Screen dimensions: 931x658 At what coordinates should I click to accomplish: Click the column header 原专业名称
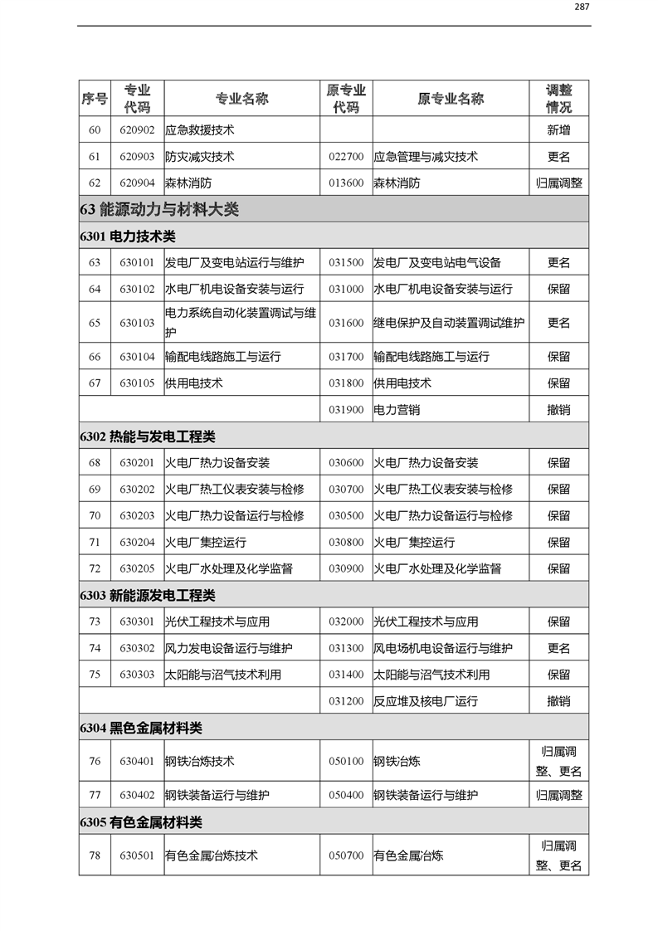coord(450,99)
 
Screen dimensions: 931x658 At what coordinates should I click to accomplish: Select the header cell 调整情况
coord(558,99)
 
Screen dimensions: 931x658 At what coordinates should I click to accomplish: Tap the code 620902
coord(137,130)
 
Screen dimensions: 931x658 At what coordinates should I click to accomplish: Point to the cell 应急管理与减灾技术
coord(426,157)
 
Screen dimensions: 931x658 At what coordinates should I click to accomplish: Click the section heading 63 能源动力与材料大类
coord(159,209)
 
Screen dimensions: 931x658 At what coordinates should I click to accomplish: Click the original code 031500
coord(346,263)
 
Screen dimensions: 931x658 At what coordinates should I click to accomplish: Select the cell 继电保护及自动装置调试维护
coord(449,323)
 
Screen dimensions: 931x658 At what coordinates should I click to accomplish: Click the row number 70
coord(95,516)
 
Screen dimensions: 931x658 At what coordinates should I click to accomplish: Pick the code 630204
coord(137,543)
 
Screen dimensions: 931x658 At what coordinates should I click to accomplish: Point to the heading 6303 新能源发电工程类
coord(148,596)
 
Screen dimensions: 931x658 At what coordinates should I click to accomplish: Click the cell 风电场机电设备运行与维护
coord(443,649)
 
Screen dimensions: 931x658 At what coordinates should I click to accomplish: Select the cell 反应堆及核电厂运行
coord(426,702)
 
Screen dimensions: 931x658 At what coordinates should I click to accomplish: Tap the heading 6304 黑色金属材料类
coord(141,729)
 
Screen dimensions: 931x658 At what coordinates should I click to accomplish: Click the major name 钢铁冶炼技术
coord(200,762)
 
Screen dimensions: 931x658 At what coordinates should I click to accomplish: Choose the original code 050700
coord(346,855)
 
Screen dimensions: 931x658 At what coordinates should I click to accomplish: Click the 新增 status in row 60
coord(558,130)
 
